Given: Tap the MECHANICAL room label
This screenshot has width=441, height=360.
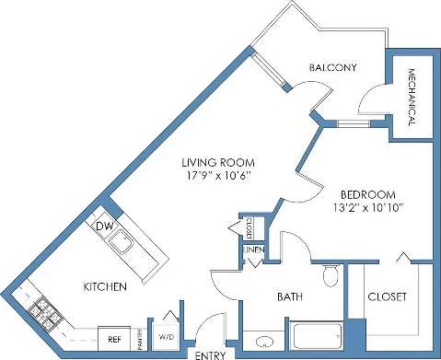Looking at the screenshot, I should point(411,100).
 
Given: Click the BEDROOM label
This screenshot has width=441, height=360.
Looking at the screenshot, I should point(367,195).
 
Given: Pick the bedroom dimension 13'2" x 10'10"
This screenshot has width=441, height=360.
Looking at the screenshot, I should point(367,209).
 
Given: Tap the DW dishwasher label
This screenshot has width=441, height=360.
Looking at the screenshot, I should point(105,226).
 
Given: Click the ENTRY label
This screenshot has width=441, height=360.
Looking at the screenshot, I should point(209,353).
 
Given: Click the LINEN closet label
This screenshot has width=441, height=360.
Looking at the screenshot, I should point(254,250).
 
